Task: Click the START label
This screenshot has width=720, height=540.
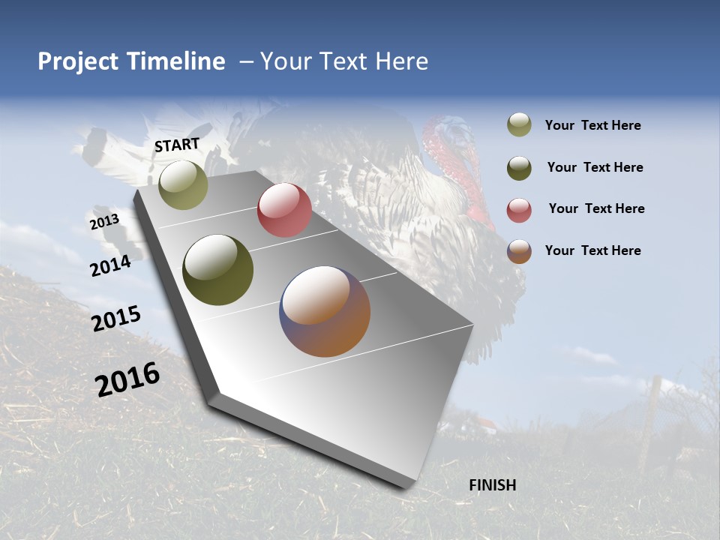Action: click(x=177, y=145)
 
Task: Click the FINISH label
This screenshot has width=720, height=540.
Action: click(x=492, y=485)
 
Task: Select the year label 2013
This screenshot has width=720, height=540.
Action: click(x=104, y=222)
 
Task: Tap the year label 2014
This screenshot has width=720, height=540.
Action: click(x=110, y=265)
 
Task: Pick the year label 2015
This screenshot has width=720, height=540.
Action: click(x=116, y=319)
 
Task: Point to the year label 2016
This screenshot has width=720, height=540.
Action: click(x=127, y=379)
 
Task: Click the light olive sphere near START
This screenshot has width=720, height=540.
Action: click(x=183, y=184)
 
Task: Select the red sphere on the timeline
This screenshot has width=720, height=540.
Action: click(x=284, y=210)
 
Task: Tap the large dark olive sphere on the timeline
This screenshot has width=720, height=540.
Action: click(x=217, y=270)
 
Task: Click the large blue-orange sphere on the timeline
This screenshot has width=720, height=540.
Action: click(x=325, y=311)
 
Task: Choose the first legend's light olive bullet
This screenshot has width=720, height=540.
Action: click(x=519, y=125)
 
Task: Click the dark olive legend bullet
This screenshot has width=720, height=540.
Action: click(x=519, y=167)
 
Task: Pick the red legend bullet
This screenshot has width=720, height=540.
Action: click(x=519, y=210)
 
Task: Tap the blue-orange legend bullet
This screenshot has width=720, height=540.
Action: click(x=519, y=251)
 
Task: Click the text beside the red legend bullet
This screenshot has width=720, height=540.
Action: click(x=596, y=208)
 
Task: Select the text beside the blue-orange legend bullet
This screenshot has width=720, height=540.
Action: click(x=592, y=250)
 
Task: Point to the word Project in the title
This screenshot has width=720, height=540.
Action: click(x=78, y=61)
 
